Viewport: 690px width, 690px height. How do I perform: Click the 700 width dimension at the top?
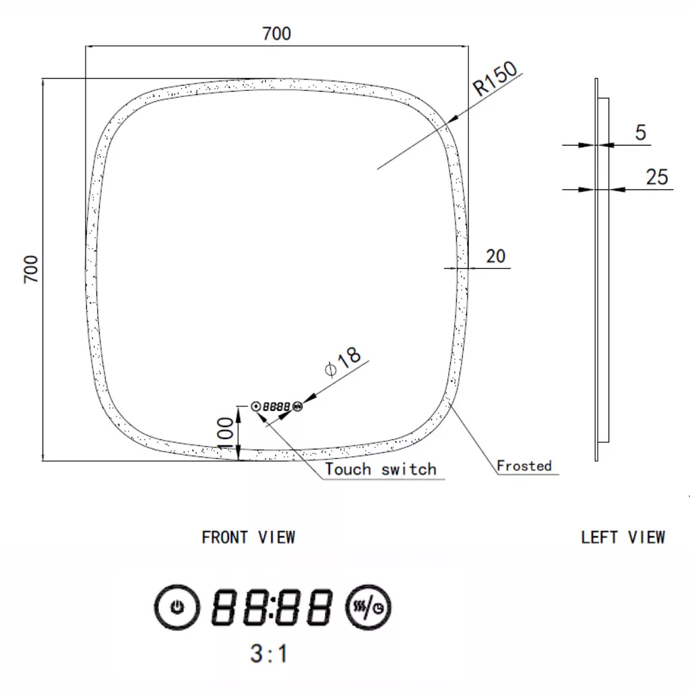[x=276, y=34]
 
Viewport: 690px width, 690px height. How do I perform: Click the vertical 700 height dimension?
[x=31, y=269]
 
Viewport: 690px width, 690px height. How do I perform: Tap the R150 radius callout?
[x=495, y=78]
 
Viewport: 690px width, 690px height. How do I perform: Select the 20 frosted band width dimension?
[x=495, y=256]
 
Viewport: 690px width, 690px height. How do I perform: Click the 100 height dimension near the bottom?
[x=225, y=433]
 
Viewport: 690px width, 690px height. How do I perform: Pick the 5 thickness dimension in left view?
[x=640, y=133]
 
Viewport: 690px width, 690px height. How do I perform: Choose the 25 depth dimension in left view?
[x=656, y=177]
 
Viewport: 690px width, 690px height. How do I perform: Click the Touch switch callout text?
[x=381, y=469]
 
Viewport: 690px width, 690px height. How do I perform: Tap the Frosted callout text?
[x=524, y=466]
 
